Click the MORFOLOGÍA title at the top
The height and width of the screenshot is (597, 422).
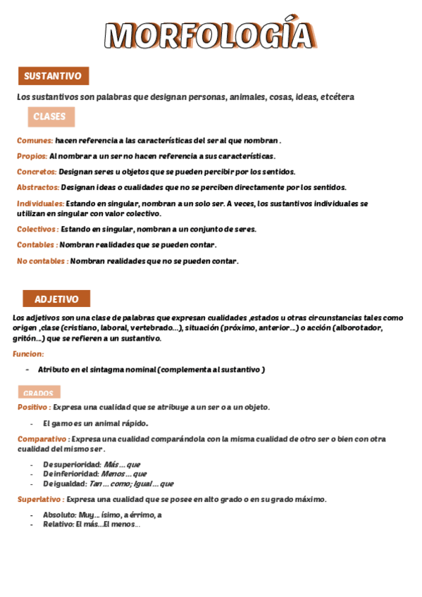point(209,35)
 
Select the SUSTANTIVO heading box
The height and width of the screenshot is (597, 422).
point(53,76)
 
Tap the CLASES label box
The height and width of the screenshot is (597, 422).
point(51,117)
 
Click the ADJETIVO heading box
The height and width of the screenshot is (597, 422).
point(56,298)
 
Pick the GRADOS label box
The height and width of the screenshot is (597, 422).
point(39,393)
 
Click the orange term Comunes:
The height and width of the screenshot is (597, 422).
point(35,140)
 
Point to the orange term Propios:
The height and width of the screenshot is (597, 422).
point(32,156)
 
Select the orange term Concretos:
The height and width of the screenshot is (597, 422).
point(37,171)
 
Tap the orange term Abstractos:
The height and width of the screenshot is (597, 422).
point(38,187)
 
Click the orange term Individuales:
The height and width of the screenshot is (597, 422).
point(40,203)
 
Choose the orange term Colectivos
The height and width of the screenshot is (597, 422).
point(36,229)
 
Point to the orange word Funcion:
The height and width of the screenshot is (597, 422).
point(28,353)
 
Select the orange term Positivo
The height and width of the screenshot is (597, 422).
point(32,407)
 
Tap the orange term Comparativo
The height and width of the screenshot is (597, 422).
point(42,439)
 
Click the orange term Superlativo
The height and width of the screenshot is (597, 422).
point(40,499)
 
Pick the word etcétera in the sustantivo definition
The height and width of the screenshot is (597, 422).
point(337,96)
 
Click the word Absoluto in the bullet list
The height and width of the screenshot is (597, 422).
point(59,515)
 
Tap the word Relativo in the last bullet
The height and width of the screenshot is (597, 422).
point(58,524)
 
